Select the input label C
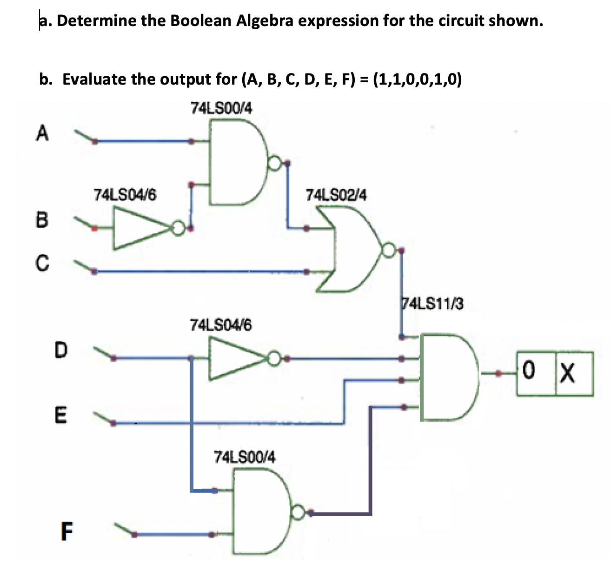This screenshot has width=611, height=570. (x=41, y=263)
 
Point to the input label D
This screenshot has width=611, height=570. (x=60, y=350)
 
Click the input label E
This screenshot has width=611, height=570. (x=60, y=414)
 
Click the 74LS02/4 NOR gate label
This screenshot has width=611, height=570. (x=336, y=195)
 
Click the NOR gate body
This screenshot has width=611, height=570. (x=356, y=250)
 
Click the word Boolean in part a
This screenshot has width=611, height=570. (x=201, y=20)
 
